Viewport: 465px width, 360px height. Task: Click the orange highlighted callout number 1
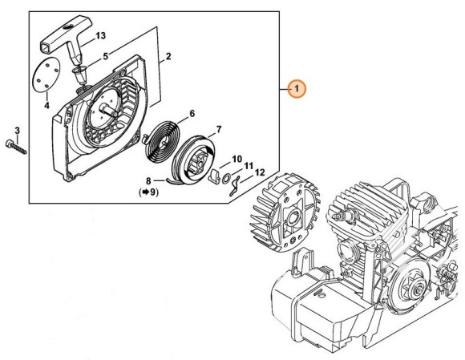tap(297, 88)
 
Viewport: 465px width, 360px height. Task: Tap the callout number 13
tap(100, 36)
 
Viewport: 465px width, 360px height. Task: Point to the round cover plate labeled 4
tap(46, 75)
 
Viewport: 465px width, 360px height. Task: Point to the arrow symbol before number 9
tap(145, 192)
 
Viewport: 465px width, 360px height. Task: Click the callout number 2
tap(168, 56)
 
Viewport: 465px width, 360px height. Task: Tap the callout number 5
tap(106, 56)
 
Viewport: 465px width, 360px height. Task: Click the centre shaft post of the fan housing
tap(110, 111)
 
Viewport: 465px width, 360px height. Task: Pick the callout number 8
tap(148, 180)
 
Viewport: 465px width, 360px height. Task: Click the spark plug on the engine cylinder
tap(344, 217)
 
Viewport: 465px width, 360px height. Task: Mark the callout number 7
tap(219, 130)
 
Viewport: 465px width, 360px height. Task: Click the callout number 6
tap(192, 113)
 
